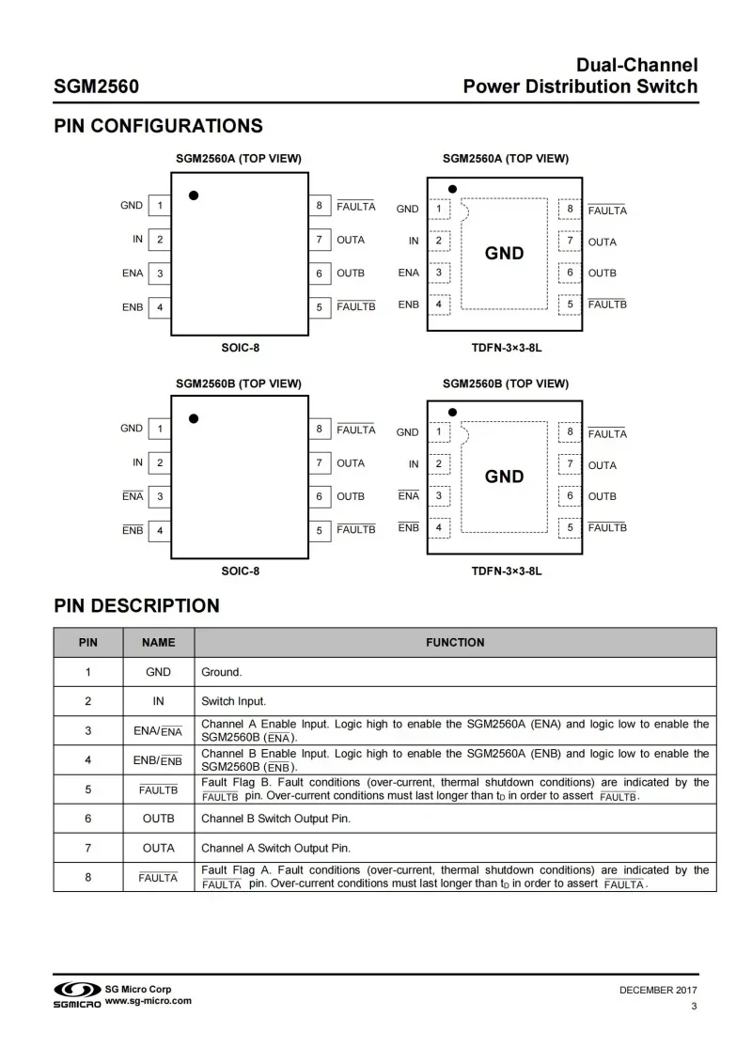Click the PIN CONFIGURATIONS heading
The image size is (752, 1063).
point(158,126)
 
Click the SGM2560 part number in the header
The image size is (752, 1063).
point(97,87)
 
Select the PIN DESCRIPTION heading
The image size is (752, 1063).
point(136,605)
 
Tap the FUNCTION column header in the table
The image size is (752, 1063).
point(455,643)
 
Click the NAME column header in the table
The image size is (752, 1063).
point(158,643)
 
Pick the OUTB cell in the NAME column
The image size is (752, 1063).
point(158,819)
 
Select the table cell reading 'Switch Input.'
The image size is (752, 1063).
point(234,701)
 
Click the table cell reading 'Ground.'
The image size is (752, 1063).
point(222,672)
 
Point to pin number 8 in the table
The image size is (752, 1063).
point(87,877)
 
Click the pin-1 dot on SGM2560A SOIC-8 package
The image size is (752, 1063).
point(194,195)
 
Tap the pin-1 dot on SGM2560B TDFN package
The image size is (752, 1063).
point(452,412)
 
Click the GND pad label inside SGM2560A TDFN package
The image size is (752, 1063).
point(504,254)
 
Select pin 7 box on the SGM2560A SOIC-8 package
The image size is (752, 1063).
point(320,240)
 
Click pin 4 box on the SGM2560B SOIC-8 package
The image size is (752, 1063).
point(160,531)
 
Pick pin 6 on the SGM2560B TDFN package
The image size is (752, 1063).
point(570,496)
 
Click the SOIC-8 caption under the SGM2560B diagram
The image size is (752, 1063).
point(240,571)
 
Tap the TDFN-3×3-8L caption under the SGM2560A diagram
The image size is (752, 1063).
point(507,348)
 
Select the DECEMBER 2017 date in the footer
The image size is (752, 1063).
point(658,991)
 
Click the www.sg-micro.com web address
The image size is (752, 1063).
point(149,1001)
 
